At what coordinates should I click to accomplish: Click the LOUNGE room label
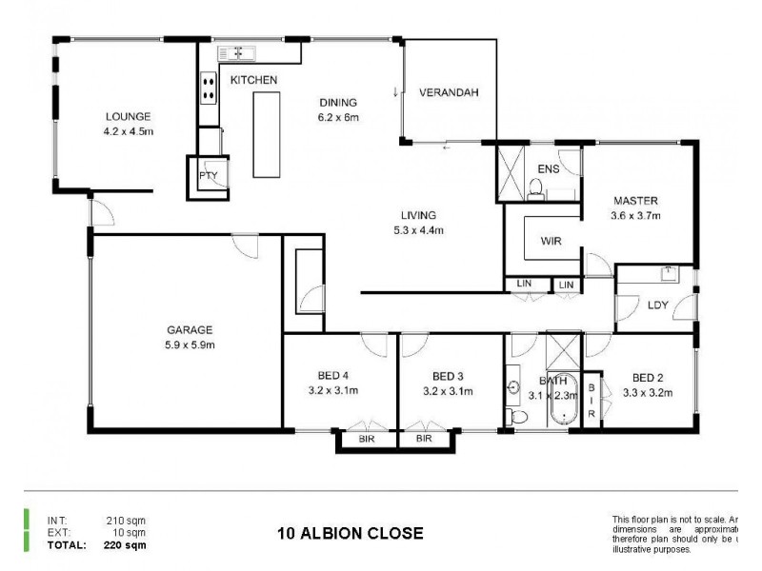[128, 118]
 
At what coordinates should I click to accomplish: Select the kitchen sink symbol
[238, 52]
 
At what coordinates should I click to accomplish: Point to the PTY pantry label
[208, 176]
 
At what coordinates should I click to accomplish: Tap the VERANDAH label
[448, 92]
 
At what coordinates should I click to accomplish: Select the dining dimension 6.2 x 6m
[338, 118]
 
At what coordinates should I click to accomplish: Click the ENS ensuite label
[548, 168]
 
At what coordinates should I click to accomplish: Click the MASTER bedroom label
[636, 201]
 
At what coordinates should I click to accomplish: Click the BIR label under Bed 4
[367, 440]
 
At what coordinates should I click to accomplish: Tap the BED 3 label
[448, 375]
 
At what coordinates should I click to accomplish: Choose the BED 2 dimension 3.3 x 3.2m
[648, 391]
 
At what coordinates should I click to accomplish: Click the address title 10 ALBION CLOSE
[351, 533]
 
